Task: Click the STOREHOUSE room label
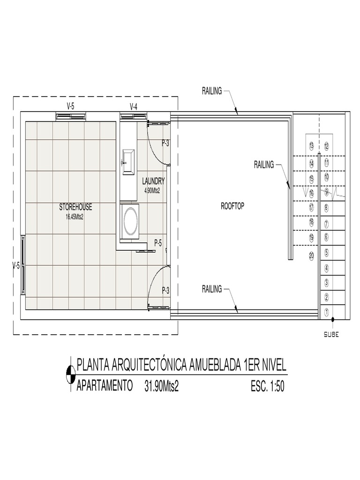pos(75,207)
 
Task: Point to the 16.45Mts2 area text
pos(75,217)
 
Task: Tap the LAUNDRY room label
pos(153,180)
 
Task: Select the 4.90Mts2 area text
pos(152,190)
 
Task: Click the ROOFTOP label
pos(232,206)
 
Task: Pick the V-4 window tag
pos(134,106)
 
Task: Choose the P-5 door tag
pos(158,243)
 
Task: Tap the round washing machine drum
pos(129,221)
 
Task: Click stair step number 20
pos(312,255)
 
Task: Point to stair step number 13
pos(311,146)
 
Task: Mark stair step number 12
pos(327,146)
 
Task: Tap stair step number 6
pos(326,237)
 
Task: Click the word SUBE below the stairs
pos(331,335)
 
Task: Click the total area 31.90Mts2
pos(162,387)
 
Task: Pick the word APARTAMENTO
pos(105,387)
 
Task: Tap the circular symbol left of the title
pos(70,374)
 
